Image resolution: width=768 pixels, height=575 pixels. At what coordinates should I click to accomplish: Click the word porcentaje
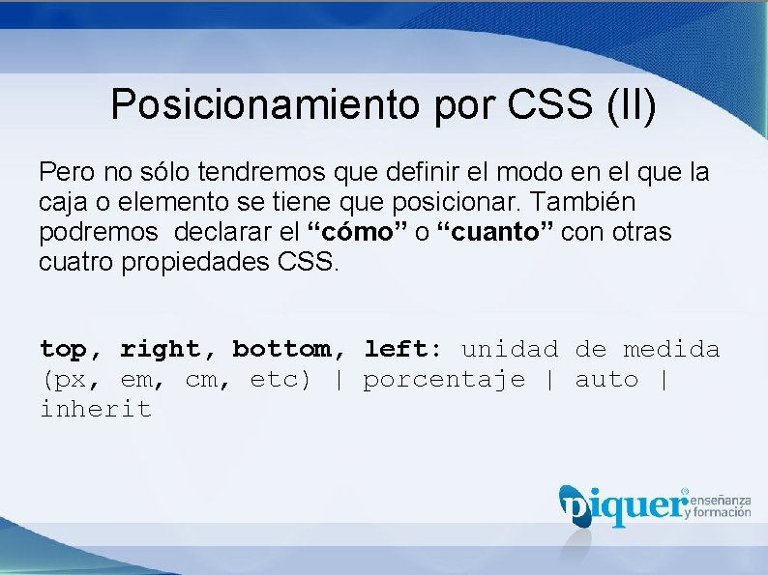[x=444, y=379]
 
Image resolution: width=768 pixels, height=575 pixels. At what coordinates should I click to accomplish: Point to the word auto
[x=606, y=379]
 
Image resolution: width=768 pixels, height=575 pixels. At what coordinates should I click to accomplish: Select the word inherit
[x=96, y=409]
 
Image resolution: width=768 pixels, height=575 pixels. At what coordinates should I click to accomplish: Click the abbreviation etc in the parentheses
[x=278, y=379]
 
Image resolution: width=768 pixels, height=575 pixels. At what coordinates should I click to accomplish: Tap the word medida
[x=671, y=349]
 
